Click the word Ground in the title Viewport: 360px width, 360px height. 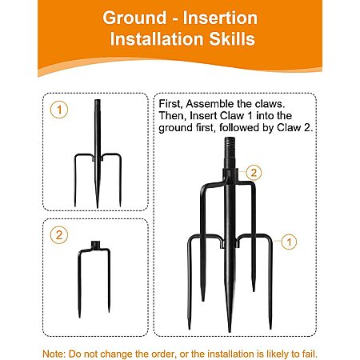tap(134, 18)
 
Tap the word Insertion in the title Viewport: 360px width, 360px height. tap(220, 18)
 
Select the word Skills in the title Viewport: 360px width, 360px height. tap(232, 39)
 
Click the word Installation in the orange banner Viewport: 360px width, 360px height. tap(158, 39)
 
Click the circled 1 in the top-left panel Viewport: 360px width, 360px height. tap(59, 110)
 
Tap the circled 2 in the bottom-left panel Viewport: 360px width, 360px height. tap(59, 235)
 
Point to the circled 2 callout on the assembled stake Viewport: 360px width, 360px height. tap(254, 173)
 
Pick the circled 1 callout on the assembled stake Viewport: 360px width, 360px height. tap(289, 242)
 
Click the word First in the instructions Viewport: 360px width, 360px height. tap(170, 104)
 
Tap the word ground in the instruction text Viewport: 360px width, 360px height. tap(175, 128)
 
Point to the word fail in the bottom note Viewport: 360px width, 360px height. tap(310, 354)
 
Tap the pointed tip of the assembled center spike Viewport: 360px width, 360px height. tap(230, 330)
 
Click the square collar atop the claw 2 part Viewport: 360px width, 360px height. tap(94, 244)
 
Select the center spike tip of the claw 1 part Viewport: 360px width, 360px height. tap(98, 206)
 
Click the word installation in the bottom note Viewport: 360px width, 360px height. tap(230, 354)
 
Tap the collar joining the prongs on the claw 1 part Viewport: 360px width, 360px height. tap(98, 158)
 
